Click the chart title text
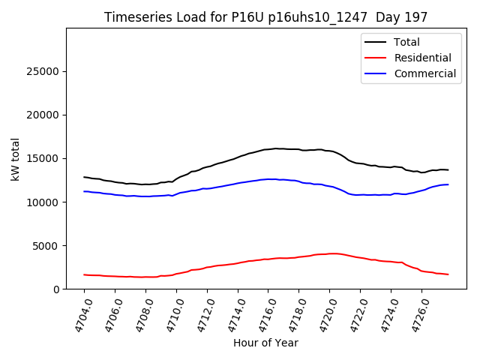click(265, 17)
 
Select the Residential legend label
click(422, 58)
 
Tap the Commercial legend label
click(424, 73)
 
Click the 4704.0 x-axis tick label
click(78, 314)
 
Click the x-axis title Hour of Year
click(265, 343)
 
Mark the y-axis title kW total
click(16, 159)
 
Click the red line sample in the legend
click(375, 58)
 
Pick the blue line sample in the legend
click(375, 73)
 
